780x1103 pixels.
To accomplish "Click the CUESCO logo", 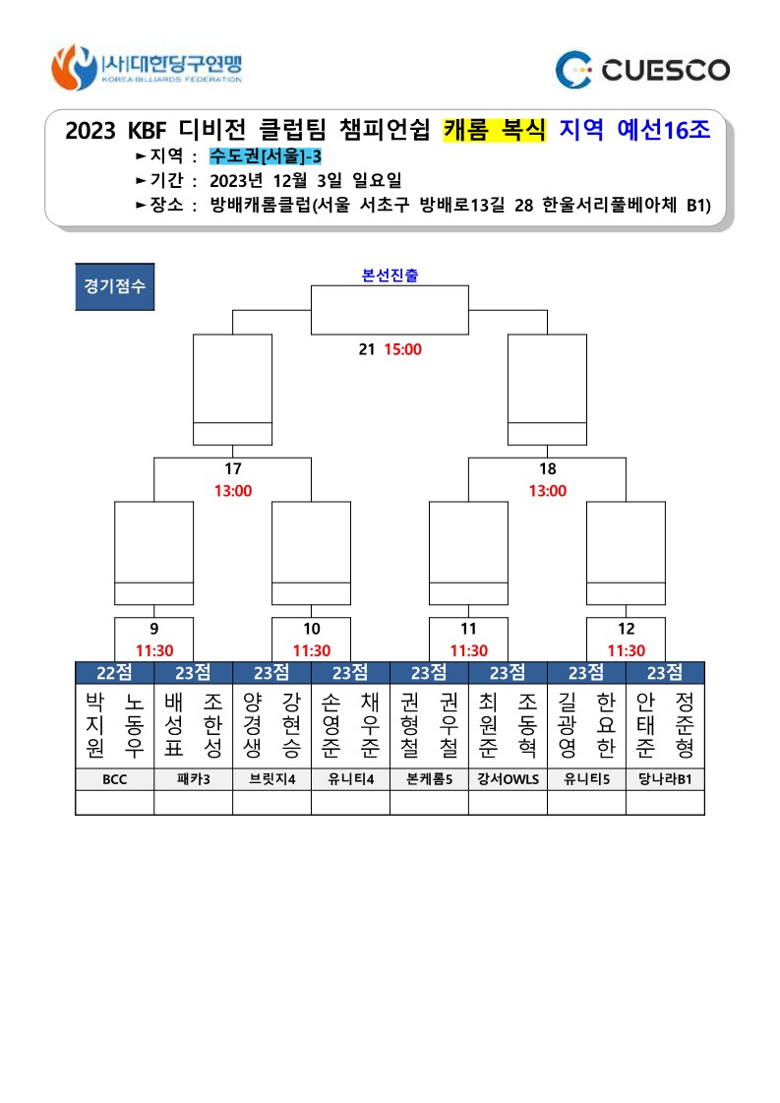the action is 643,70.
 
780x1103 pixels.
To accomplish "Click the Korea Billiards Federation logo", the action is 147,68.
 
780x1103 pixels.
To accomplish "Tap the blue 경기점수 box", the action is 115,286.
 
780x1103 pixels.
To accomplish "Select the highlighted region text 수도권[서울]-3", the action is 266,156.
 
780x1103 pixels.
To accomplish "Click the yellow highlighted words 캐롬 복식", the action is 495,130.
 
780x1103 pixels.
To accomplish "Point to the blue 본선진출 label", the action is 390,276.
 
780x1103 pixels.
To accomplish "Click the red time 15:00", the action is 403,349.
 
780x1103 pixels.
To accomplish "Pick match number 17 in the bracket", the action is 233,469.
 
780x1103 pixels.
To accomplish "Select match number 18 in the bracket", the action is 547,469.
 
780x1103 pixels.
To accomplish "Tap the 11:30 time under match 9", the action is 154,650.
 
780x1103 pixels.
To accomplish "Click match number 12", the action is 626,629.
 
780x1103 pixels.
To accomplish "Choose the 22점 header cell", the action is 115,673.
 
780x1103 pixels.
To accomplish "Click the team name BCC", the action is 115,779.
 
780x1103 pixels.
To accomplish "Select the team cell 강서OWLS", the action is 508,779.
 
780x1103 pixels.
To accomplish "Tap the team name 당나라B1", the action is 665,779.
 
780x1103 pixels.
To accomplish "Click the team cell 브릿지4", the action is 272,779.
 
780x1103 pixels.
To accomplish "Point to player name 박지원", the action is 95,724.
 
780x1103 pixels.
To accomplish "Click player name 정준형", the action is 685,724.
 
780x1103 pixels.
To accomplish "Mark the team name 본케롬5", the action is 429,779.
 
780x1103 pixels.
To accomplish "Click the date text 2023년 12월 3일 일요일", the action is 306,181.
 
